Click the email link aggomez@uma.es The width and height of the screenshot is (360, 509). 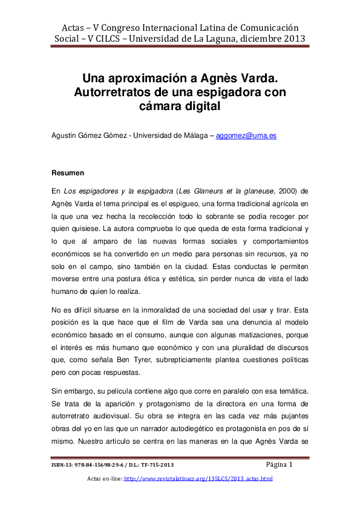click(x=246, y=135)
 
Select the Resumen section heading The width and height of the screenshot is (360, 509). click(x=68, y=173)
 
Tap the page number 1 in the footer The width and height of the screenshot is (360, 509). click(x=290, y=465)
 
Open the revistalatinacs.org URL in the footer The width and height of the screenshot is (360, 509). click(x=198, y=479)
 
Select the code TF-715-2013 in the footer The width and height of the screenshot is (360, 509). click(x=157, y=465)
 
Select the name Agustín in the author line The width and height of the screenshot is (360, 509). click(x=64, y=135)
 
